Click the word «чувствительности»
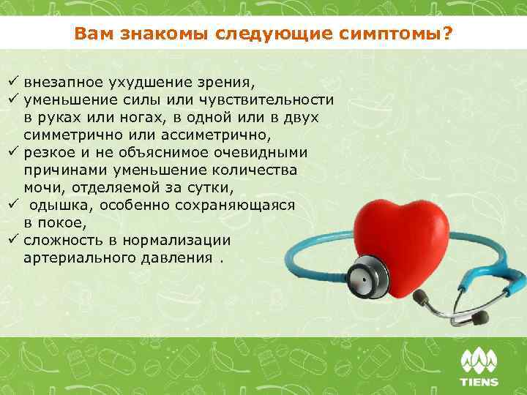coord(271,99)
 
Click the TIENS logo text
coord(479,381)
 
